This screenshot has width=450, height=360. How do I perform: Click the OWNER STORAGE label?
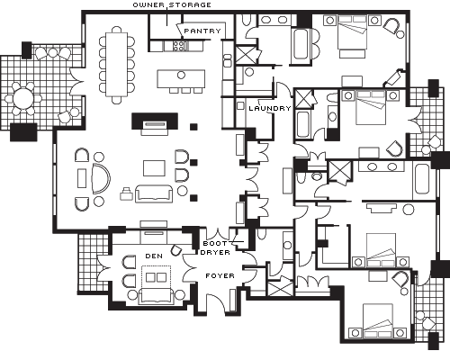click(172, 5)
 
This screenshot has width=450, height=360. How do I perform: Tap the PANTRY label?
click(202, 31)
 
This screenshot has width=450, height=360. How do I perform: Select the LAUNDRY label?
click(270, 108)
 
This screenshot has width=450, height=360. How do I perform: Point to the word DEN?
click(154, 256)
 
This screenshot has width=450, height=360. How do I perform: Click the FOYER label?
click(220, 275)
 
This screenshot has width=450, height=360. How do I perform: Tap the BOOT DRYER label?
click(215, 248)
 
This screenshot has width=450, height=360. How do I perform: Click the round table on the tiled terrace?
click(24, 98)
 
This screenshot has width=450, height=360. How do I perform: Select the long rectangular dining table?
click(117, 65)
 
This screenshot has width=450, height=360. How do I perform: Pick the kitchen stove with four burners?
click(179, 46)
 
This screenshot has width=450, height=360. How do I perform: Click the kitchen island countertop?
click(181, 79)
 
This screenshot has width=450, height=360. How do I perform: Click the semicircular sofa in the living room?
click(101, 178)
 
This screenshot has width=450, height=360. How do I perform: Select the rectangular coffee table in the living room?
click(154, 168)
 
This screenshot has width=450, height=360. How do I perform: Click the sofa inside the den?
click(155, 295)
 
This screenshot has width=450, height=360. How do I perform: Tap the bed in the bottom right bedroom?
click(378, 320)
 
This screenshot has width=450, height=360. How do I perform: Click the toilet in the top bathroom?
click(246, 20)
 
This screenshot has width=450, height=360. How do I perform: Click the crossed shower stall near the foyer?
click(280, 288)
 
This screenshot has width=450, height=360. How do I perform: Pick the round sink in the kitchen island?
click(181, 75)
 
